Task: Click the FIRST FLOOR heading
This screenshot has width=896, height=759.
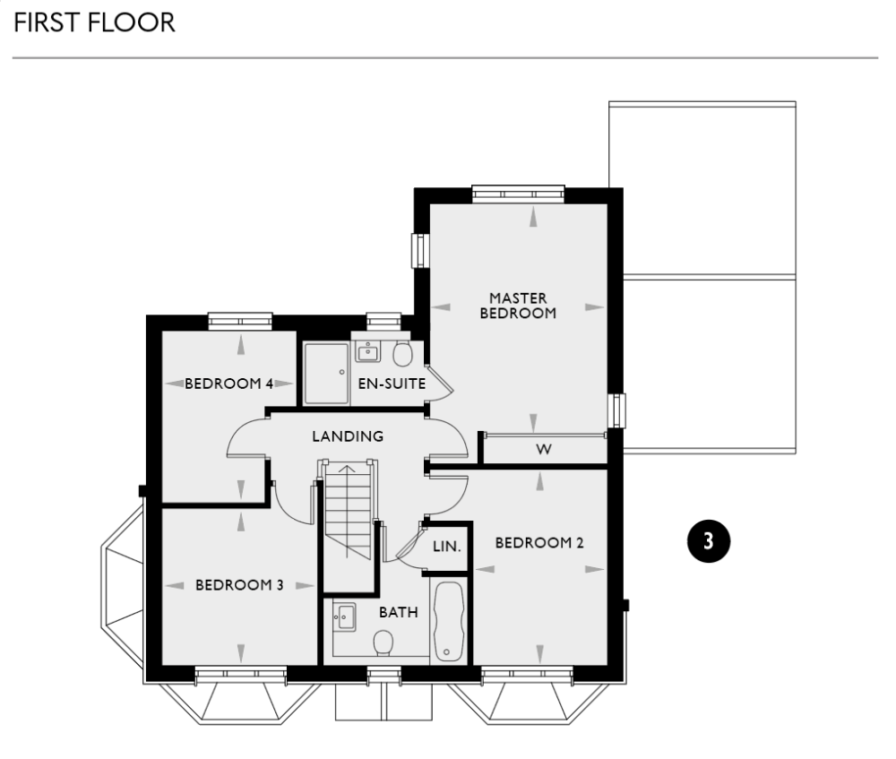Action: (x=94, y=22)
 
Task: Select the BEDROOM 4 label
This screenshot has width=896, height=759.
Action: (x=228, y=384)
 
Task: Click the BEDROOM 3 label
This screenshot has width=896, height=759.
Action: (x=239, y=585)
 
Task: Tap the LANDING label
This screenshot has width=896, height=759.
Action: (x=348, y=436)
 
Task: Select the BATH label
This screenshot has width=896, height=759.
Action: (x=398, y=613)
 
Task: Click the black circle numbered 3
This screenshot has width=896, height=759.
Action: (x=708, y=540)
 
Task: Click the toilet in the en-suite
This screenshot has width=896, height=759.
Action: (x=402, y=353)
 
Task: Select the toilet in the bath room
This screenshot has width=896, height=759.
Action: (x=383, y=642)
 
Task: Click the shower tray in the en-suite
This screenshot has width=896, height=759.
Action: (x=325, y=372)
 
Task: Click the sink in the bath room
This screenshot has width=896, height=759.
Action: (x=344, y=615)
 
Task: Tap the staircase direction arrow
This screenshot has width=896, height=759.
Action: (x=347, y=470)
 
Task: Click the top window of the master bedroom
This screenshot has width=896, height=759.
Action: (x=518, y=193)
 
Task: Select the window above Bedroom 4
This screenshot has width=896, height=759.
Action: (x=240, y=320)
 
